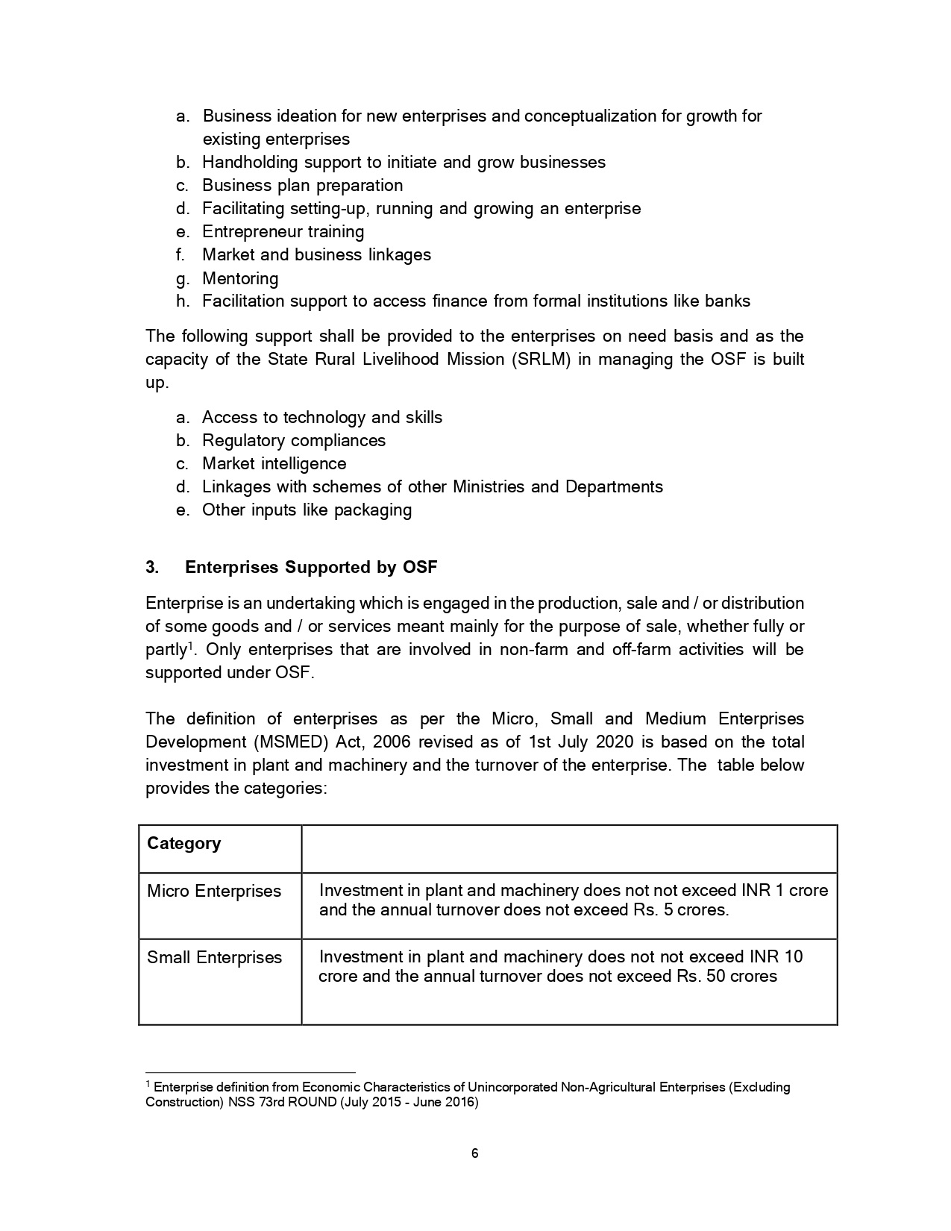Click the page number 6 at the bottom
[475, 1153]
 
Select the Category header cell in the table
[183, 844]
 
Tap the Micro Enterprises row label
[214, 892]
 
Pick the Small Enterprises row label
[214, 958]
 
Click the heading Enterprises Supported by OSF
[311, 568]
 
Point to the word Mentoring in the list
[240, 279]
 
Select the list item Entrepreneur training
[283, 232]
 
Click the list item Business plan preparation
[302, 186]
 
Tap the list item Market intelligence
[274, 464]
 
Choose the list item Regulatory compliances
[294, 441]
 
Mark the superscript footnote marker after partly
[190, 645]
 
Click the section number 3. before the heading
[152, 568]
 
